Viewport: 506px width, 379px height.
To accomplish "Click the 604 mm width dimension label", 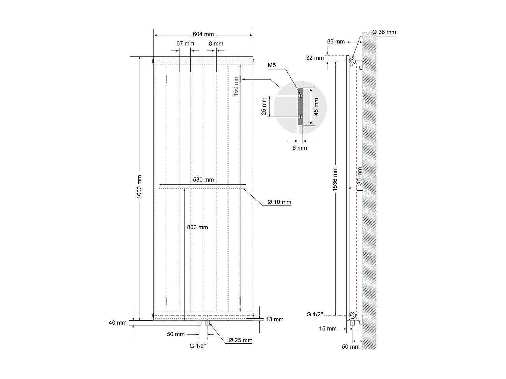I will coord(203,34).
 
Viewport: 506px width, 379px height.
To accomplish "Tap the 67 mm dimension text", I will coord(185,43).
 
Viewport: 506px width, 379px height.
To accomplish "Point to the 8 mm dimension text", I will coord(216,43).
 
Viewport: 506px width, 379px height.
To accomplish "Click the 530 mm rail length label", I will coord(203,180).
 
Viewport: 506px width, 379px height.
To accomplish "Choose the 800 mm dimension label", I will coord(197,227).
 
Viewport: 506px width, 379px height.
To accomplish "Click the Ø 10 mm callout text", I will coord(279,202).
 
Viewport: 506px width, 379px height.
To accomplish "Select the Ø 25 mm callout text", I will coord(240,340).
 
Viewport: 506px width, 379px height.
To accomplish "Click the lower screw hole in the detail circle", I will coord(300,117).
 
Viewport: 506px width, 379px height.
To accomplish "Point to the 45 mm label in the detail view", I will coord(316,106).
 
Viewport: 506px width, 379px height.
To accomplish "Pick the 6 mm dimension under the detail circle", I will coord(300,148).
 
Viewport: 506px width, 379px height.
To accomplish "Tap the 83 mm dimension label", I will coord(336,41).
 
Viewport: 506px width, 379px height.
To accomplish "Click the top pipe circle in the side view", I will coord(352,61).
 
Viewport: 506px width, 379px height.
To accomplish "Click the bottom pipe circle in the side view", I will coord(352,316).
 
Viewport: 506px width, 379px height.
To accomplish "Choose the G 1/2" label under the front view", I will coord(198,346).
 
